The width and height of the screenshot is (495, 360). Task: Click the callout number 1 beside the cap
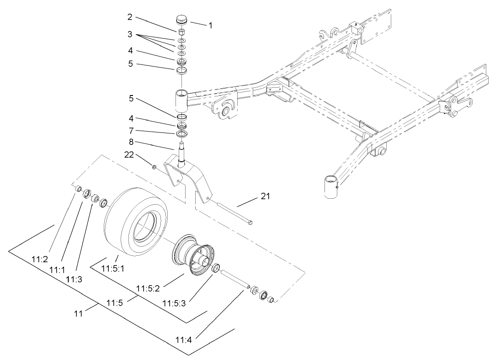coord(210,26)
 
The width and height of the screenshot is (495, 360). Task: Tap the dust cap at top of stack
coord(182,21)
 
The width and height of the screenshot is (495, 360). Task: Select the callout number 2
coord(130,17)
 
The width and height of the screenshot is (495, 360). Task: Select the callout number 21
coord(265,196)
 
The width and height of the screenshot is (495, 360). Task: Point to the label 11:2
coord(40,259)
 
